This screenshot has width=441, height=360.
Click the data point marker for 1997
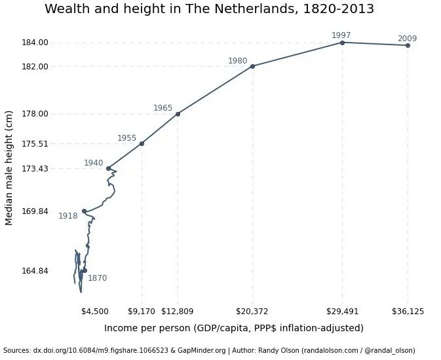(x=342, y=43)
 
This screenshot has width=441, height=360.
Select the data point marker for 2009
(x=408, y=45)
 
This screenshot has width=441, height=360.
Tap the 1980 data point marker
(x=252, y=66)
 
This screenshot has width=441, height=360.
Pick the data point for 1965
(x=178, y=114)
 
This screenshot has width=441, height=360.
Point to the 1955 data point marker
(x=142, y=143)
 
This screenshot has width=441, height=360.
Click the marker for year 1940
(x=108, y=168)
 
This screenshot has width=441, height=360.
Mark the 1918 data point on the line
(x=85, y=211)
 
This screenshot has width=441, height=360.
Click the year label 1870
(x=97, y=278)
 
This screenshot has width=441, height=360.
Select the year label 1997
(x=341, y=35)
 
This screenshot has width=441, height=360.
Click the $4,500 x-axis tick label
(x=95, y=312)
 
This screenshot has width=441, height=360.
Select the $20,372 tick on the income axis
(x=252, y=312)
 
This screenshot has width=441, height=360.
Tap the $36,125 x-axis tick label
(x=408, y=312)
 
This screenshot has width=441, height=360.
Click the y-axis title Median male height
(x=9, y=168)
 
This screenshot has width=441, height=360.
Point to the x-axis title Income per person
(x=233, y=328)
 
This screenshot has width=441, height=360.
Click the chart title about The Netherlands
(x=209, y=9)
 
